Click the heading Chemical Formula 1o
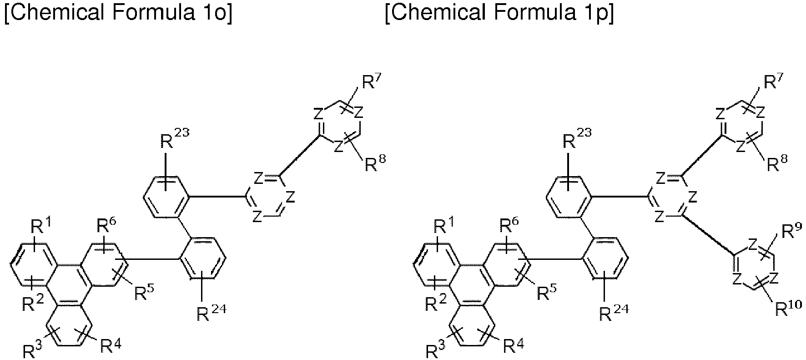click(118, 14)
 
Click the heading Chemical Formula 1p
click(499, 14)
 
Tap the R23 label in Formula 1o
click(174, 139)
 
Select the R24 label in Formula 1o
click(211, 313)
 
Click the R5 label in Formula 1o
click(145, 293)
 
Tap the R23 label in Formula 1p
click(577, 139)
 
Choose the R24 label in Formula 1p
click(614, 313)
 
